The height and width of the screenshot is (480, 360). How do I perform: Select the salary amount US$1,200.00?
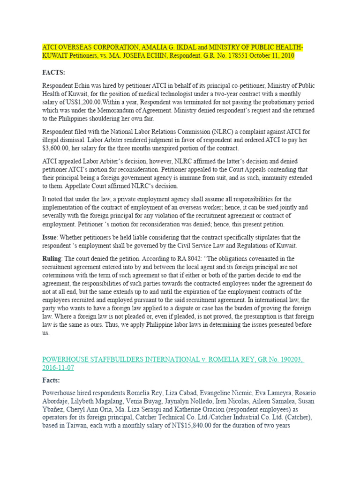pos(73,102)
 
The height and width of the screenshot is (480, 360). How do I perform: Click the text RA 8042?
pos(193,258)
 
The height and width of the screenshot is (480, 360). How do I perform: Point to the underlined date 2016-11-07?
pos(58,368)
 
